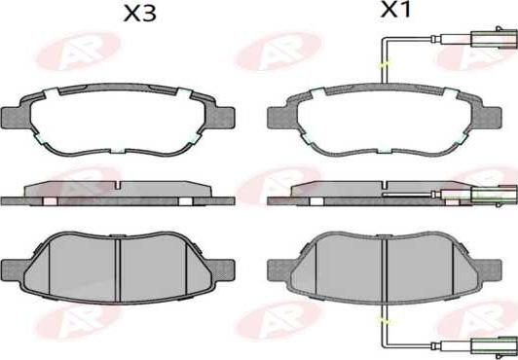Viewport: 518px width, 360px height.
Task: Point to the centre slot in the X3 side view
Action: (118, 187)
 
